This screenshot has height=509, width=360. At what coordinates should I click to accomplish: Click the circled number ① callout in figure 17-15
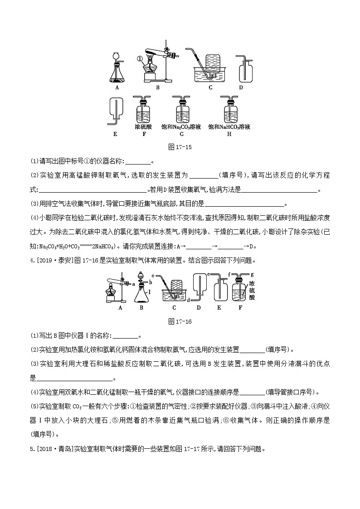(x=140, y=58)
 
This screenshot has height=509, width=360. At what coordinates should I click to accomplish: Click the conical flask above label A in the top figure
(x=117, y=73)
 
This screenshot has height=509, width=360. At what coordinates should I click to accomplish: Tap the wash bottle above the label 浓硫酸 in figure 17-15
(x=143, y=111)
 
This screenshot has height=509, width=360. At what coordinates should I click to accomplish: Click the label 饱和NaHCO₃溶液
(x=229, y=127)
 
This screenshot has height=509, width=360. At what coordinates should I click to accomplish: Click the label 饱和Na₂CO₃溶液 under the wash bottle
(x=181, y=127)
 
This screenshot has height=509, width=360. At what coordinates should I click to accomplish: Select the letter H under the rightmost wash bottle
(x=229, y=134)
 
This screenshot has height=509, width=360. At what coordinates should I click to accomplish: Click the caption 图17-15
(x=180, y=147)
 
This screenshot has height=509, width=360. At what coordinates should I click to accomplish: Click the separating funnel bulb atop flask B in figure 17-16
(x=141, y=278)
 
